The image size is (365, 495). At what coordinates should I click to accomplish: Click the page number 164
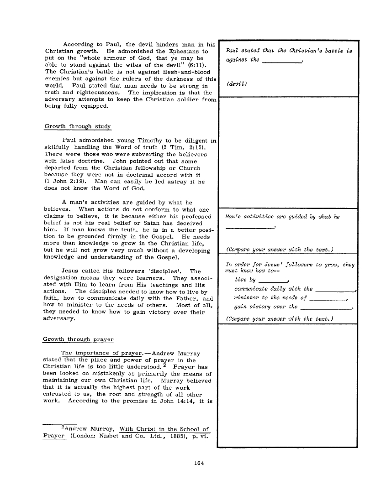coord(198,464)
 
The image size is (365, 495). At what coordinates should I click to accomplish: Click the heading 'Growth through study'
coord(77,126)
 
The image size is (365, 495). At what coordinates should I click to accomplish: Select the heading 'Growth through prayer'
coord(78,339)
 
